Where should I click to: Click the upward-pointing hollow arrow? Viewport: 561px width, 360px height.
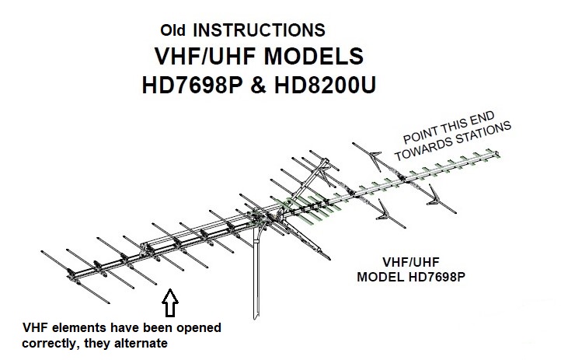click(170, 301)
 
